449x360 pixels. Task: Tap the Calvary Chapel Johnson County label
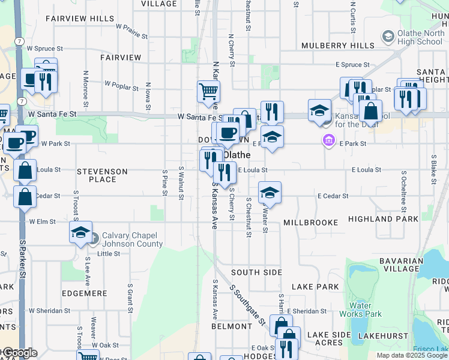tap(132, 239)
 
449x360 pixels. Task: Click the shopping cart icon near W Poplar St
tap(208, 91)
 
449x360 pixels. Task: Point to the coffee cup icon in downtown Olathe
tap(228, 133)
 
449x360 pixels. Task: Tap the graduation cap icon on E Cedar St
tap(270, 193)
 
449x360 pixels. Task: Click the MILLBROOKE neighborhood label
tap(311, 223)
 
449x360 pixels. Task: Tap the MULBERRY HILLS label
tap(337, 46)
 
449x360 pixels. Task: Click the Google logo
tap(19, 353)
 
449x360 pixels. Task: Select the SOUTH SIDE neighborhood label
tap(256, 272)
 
